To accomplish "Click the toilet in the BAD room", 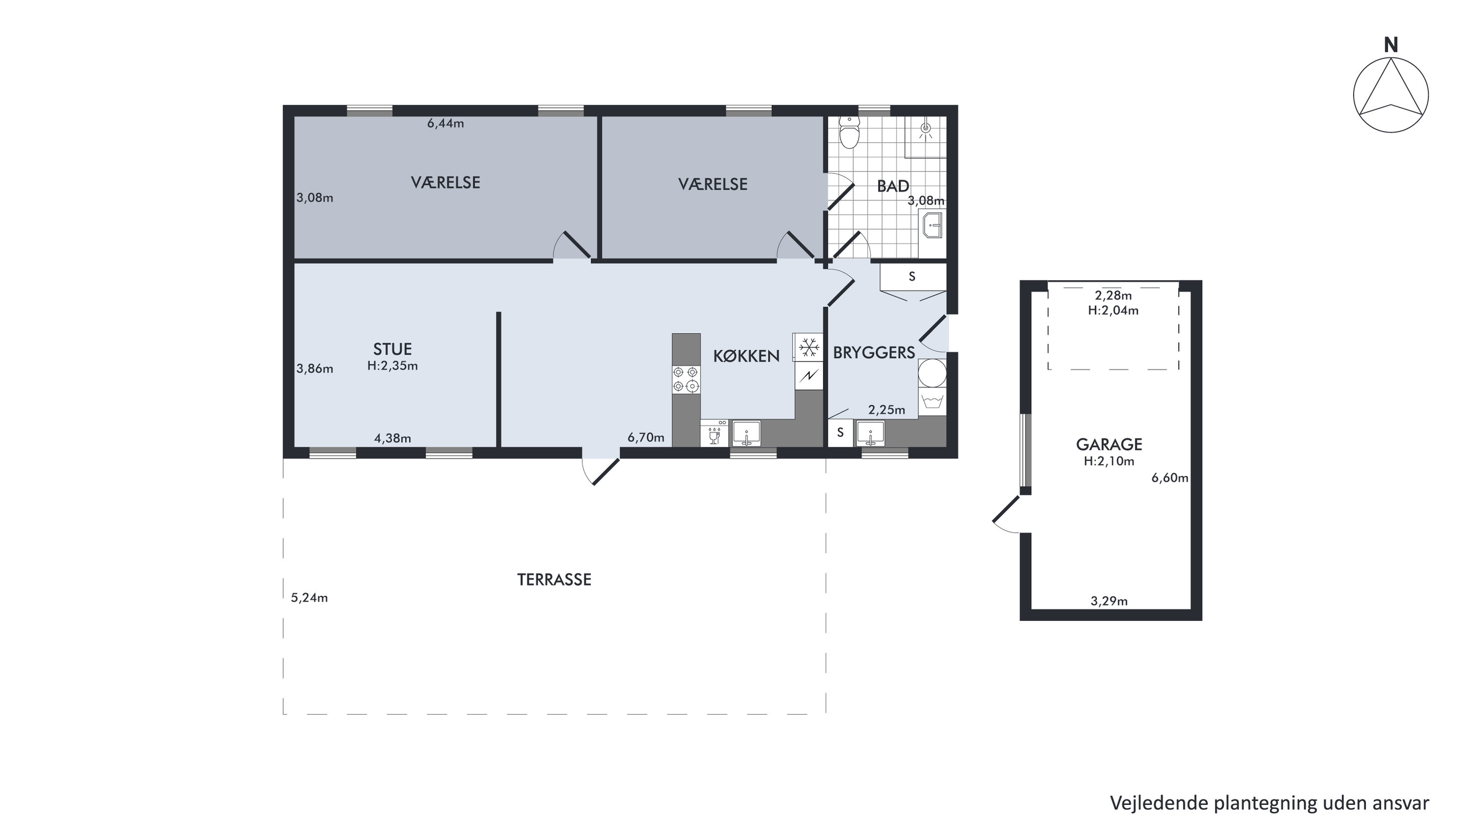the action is click(849, 132).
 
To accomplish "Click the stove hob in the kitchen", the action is click(686, 379).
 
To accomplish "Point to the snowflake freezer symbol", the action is click(808, 347).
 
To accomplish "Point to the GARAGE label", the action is click(1109, 444).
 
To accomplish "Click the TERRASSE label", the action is click(554, 580).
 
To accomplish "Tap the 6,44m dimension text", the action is click(445, 124).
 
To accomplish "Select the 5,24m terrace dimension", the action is click(309, 598).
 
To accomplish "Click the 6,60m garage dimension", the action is click(1170, 478).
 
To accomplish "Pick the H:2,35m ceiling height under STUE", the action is click(393, 366).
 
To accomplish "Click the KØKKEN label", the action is click(746, 356).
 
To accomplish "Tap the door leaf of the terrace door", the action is click(607, 472).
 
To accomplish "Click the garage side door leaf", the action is click(1007, 509).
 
